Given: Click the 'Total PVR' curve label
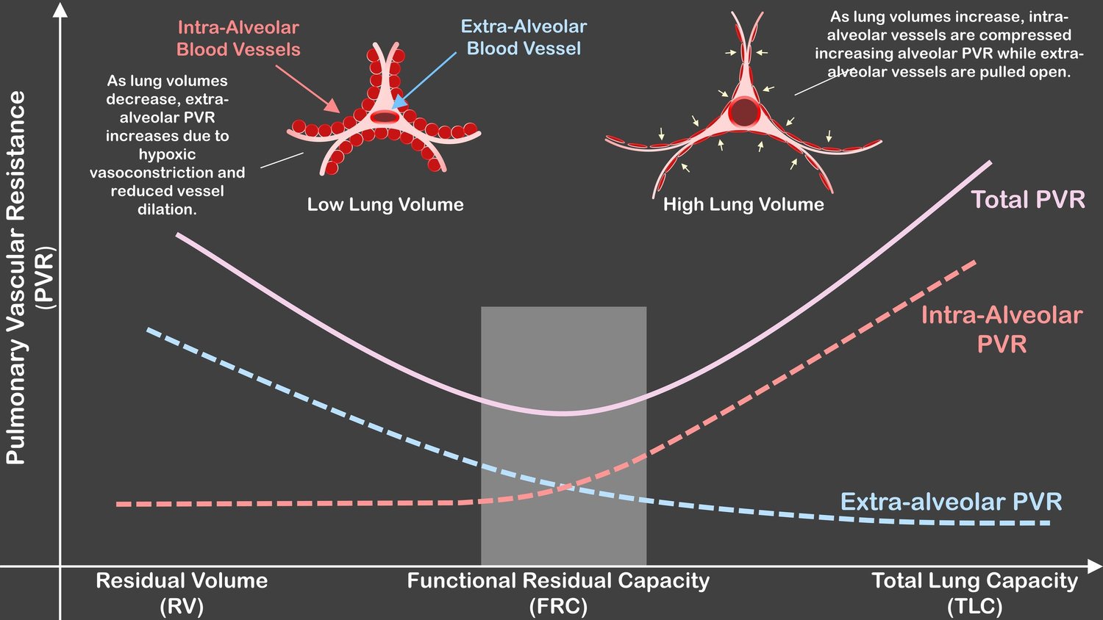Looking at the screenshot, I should coord(1028,200).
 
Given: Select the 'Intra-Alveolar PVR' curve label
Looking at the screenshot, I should coord(1002,329).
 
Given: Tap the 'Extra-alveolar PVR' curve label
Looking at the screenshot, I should coord(951,502).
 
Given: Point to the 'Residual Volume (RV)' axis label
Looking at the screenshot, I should coord(182,593).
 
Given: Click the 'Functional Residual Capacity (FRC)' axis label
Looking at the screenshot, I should coord(558,593).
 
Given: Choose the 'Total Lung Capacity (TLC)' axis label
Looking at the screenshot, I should coord(974,593).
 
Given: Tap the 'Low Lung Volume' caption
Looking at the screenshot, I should coord(385,204).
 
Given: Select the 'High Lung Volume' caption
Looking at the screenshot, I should coord(743,204).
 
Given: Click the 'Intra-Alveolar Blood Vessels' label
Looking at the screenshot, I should coord(238,38).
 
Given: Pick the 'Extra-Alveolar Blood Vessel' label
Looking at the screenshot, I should coord(524,37).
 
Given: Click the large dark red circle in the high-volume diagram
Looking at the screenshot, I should coord(744,112).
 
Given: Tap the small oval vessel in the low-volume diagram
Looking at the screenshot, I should coord(385,117).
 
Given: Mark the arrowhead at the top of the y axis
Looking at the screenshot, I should coord(60,10).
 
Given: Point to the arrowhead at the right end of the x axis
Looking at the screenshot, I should coord(1094,566).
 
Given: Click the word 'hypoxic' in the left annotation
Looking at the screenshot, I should coord(168,154).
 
